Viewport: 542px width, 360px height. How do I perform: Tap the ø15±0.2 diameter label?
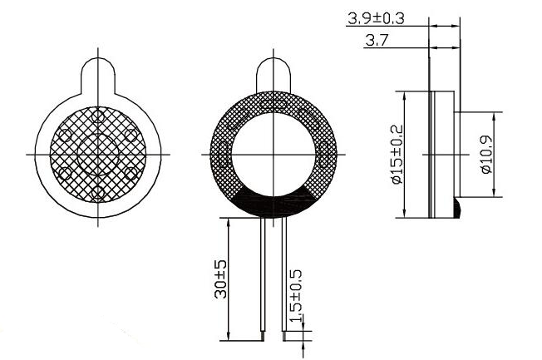(397, 155)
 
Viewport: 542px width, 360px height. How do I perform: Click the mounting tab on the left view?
(100, 71)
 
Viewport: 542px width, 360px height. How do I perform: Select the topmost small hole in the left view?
(99, 116)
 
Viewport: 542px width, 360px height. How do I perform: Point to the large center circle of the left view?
(100, 154)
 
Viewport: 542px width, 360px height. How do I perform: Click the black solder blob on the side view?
(457, 207)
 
